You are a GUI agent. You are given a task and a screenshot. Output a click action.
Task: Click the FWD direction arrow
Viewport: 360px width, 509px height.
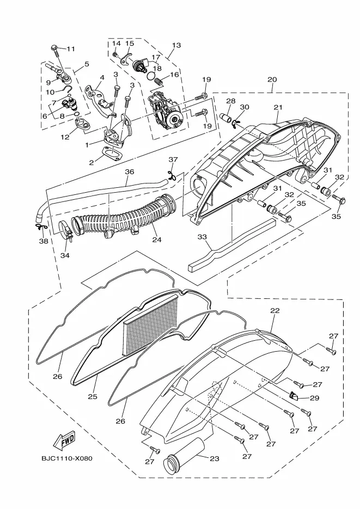pyautogui.click(x=64, y=440)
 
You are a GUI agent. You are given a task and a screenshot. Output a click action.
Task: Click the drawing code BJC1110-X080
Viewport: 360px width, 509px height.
pyautogui.click(x=66, y=458)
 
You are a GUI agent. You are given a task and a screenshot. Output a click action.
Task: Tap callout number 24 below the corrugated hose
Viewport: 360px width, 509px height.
pyautogui.click(x=157, y=240)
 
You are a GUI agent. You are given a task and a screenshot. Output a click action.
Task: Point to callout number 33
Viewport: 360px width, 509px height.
pyautogui.click(x=202, y=237)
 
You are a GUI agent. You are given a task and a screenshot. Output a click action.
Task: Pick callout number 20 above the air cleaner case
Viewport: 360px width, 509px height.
pyautogui.click(x=272, y=79)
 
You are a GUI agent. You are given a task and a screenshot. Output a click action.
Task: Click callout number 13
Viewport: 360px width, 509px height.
pyautogui.click(x=176, y=45)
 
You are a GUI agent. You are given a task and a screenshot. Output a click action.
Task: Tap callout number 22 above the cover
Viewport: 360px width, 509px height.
pyautogui.click(x=274, y=310)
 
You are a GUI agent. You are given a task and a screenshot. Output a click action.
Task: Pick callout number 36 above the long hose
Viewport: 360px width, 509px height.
pyautogui.click(x=130, y=171)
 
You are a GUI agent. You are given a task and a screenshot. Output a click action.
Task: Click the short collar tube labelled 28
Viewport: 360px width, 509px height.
pyautogui.click(x=227, y=117)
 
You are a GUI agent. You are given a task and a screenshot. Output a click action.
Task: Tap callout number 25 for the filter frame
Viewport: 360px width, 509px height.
pyautogui.click(x=93, y=396)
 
